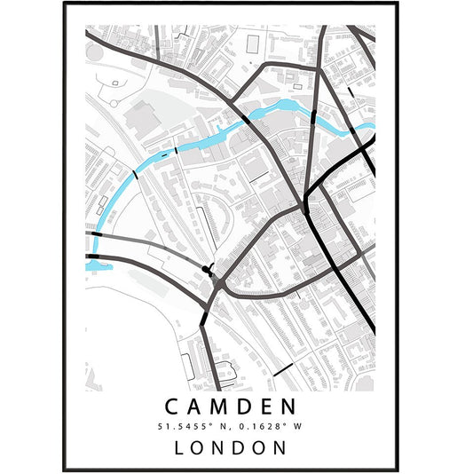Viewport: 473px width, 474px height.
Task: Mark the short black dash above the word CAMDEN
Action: tap(282, 368)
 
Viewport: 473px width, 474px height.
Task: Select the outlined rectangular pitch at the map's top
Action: tap(253, 42)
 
